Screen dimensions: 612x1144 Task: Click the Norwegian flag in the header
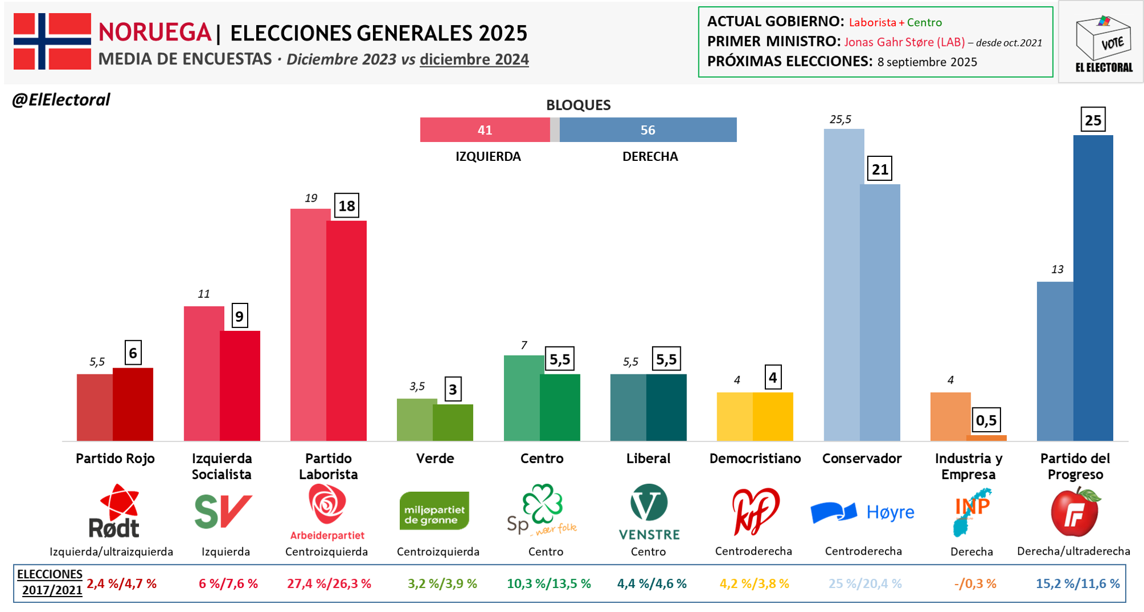click(52, 41)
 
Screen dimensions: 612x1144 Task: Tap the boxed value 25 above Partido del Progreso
click(1093, 120)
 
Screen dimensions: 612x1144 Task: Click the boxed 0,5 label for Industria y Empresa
click(986, 421)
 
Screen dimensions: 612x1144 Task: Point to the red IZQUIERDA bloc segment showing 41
click(484, 130)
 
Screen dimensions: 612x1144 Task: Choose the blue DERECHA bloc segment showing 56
click(648, 130)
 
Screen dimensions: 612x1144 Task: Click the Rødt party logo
click(114, 511)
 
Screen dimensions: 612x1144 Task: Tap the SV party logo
click(223, 511)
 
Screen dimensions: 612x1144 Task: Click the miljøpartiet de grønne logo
click(434, 511)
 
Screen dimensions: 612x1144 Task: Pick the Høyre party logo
click(863, 512)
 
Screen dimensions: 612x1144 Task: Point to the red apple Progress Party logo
click(1075, 512)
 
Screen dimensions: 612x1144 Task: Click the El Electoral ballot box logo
click(1103, 43)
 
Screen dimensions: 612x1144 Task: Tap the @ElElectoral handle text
click(61, 100)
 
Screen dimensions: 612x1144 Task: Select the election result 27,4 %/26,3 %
click(329, 584)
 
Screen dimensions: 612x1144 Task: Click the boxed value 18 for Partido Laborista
click(347, 206)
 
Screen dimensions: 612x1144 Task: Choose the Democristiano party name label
click(754, 459)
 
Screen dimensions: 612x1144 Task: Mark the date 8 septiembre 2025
click(927, 62)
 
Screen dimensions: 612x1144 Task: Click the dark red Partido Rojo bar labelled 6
click(133, 404)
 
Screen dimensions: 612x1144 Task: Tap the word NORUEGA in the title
click(154, 33)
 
